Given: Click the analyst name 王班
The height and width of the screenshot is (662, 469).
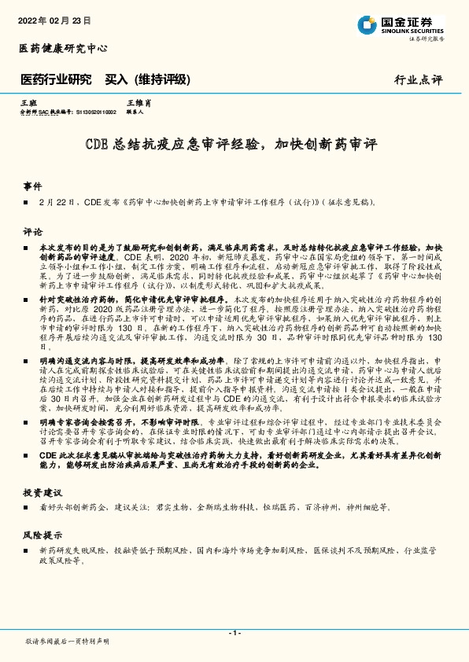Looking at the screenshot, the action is coord(28,103).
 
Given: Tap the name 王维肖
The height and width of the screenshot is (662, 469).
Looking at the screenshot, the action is coord(138,103).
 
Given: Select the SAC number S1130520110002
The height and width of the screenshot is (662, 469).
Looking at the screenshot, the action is coord(94,112).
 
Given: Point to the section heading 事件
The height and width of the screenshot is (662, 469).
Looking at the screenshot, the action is coord(32,186).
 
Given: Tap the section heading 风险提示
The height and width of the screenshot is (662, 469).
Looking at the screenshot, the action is coord(42,535).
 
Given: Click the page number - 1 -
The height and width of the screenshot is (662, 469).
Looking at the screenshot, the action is coord(234,632).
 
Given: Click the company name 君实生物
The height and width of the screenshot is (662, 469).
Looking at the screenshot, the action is coord(166,507).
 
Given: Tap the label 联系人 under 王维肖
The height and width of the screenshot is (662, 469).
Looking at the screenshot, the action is coord(135,112).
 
